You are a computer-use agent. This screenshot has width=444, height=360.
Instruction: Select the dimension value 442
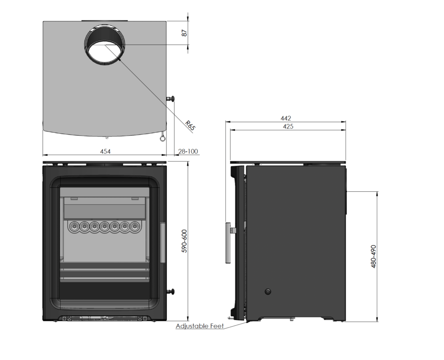coord(285,118)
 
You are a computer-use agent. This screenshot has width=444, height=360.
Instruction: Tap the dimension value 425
coord(288,127)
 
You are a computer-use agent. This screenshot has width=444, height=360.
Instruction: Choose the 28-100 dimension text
coord(188,151)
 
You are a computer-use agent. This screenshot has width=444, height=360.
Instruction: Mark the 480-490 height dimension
coord(374,257)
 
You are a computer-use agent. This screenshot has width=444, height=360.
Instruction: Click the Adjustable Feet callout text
coord(200,326)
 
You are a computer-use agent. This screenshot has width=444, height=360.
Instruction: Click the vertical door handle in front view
coord(163,242)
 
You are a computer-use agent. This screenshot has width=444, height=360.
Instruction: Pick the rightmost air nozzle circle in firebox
coord(136,226)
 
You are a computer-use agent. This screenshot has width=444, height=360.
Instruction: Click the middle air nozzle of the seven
coord(104,226)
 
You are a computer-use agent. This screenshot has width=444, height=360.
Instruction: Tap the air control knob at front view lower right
coord(172,291)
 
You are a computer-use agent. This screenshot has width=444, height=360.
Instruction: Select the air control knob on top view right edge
coord(172,98)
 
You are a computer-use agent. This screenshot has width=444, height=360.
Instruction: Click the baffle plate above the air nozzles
coord(104,210)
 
